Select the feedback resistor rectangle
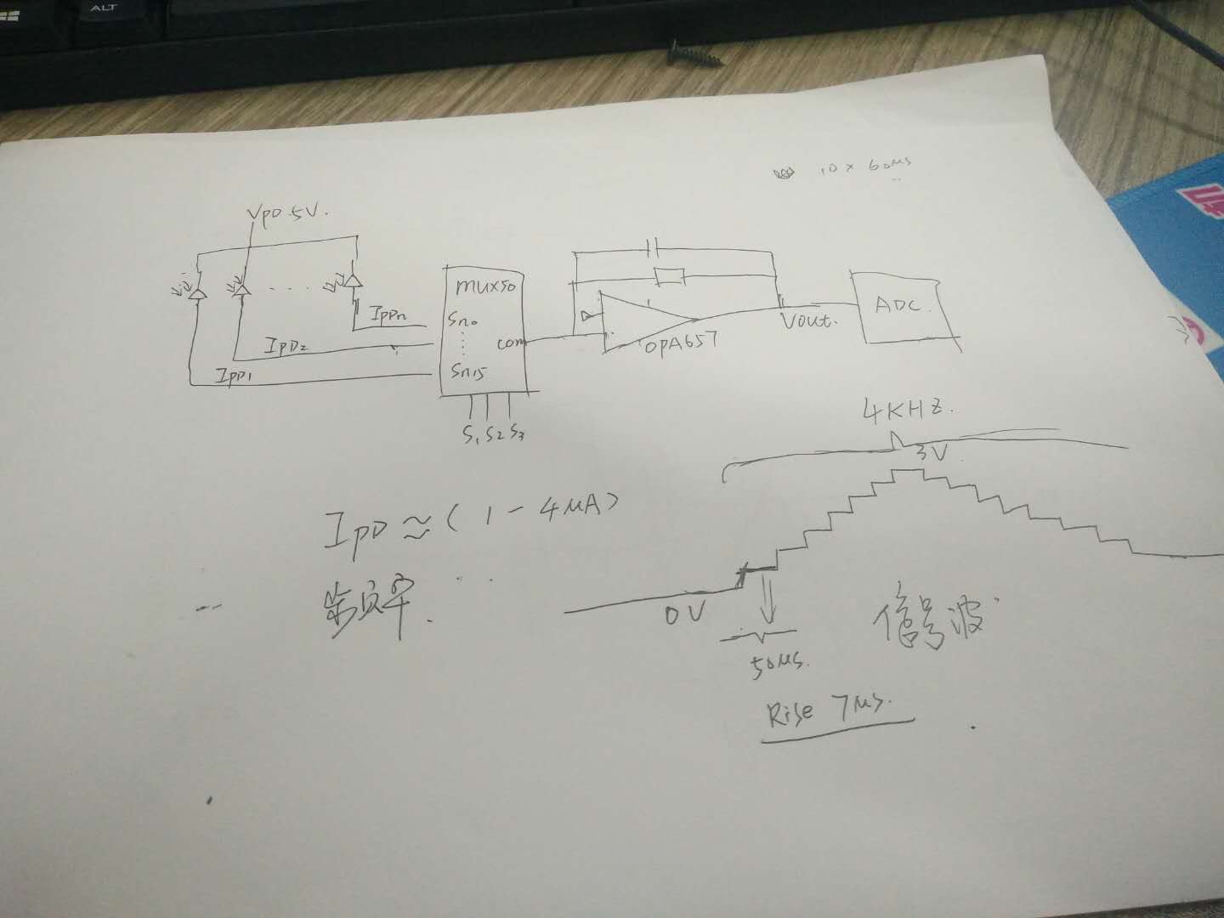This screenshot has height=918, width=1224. pyautogui.click(x=669, y=275)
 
